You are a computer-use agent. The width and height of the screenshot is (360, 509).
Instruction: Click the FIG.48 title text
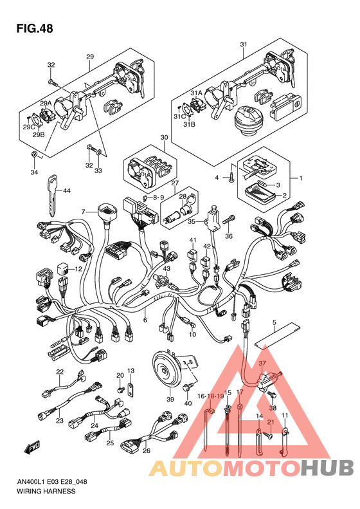tap(35, 28)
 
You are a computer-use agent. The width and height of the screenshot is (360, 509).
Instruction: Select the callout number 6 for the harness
tap(145, 320)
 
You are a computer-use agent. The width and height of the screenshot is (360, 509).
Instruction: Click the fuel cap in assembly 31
tap(247, 121)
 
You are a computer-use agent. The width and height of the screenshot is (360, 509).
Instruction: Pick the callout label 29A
tap(46, 103)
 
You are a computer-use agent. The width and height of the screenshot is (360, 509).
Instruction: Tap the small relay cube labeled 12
tap(63, 269)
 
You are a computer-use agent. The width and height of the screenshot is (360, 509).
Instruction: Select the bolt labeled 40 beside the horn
tap(188, 387)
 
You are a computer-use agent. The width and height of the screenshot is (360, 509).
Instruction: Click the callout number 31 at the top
tap(244, 44)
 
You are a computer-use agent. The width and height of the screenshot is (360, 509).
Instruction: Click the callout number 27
tap(175, 183)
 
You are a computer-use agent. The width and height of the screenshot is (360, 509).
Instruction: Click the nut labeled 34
tap(35, 154)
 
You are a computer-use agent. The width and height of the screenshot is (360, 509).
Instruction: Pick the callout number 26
tap(147, 451)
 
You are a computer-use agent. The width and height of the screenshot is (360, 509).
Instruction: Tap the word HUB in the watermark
tap(327, 468)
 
